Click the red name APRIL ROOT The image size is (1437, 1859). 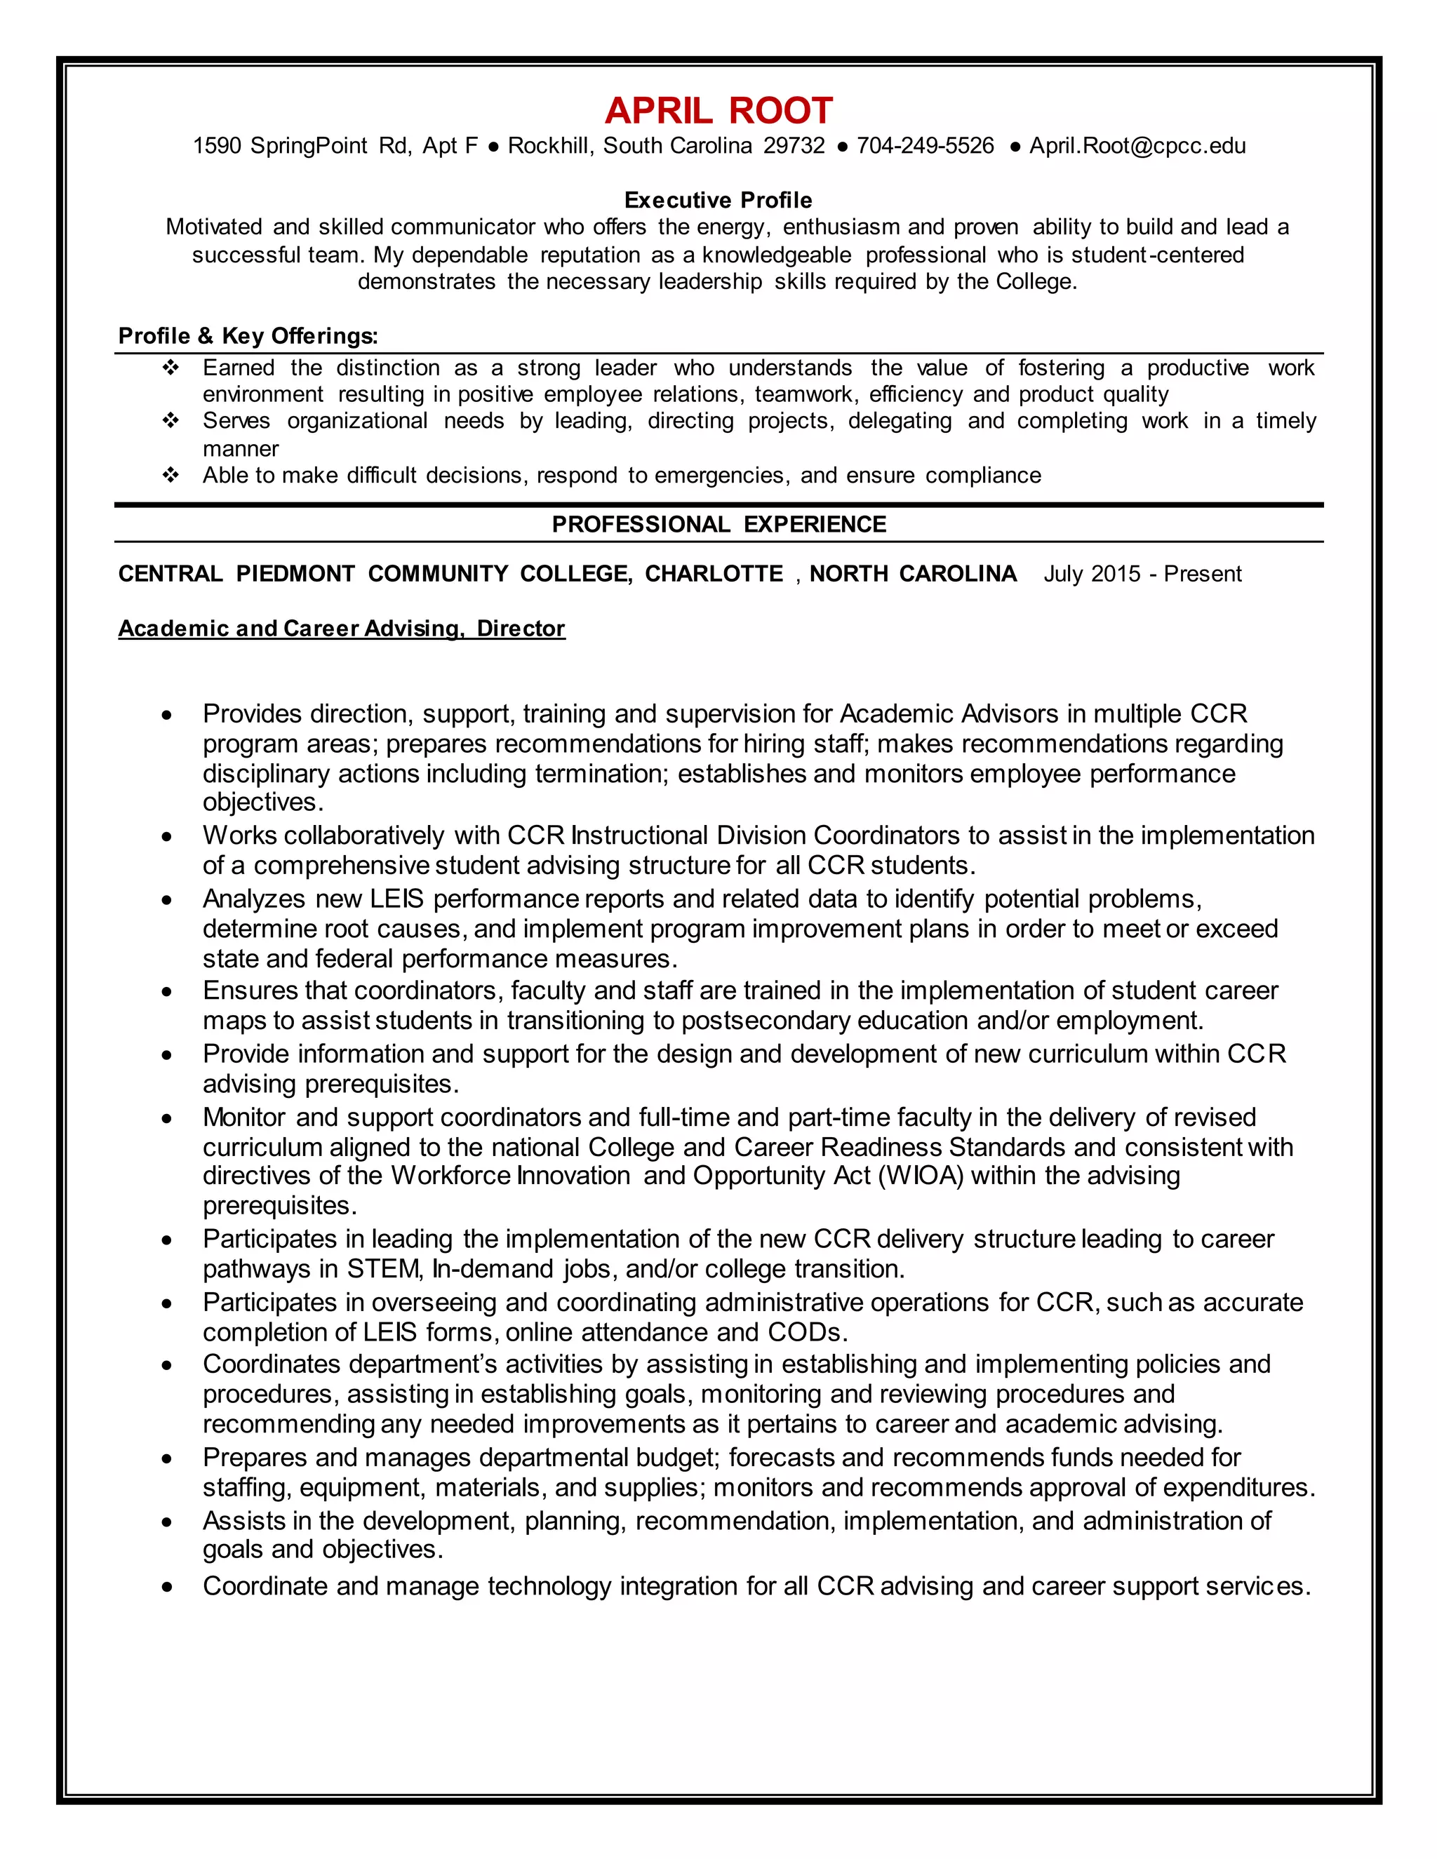click(718, 111)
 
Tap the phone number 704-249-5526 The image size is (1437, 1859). click(925, 145)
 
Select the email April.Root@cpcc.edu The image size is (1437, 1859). click(1137, 145)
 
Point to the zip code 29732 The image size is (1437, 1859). click(794, 145)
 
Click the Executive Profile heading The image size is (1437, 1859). click(718, 200)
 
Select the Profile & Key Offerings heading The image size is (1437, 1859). click(248, 336)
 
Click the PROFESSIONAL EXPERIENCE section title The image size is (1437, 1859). click(718, 524)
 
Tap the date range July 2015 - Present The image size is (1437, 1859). click(1142, 574)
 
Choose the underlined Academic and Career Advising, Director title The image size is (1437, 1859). click(342, 628)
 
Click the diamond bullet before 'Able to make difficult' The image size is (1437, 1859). click(171, 475)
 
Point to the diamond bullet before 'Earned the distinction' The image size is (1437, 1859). click(171, 368)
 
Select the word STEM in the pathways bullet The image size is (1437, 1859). click(383, 1269)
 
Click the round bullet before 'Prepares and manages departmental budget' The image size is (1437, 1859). click(167, 1459)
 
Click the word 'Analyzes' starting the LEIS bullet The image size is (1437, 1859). click(254, 899)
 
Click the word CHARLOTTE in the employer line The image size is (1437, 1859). click(714, 574)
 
